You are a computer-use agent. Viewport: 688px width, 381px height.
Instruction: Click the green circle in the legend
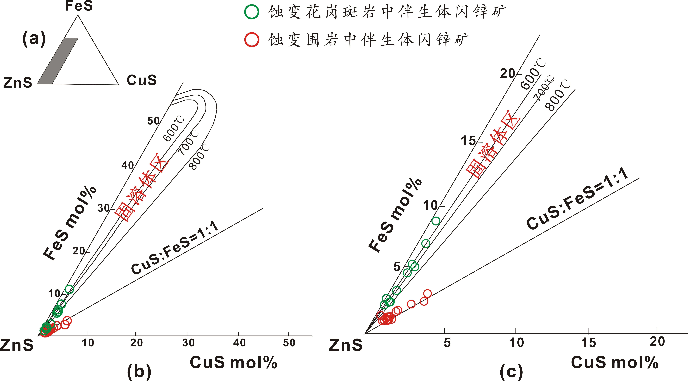252,12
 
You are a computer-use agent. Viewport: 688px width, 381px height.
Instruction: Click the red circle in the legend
252,40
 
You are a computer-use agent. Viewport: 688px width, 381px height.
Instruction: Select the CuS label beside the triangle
142,80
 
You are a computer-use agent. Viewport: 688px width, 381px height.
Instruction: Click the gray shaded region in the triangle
57,61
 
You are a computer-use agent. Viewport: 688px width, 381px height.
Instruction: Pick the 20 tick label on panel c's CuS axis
657,341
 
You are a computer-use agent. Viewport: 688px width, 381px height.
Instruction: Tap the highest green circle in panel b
69,289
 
